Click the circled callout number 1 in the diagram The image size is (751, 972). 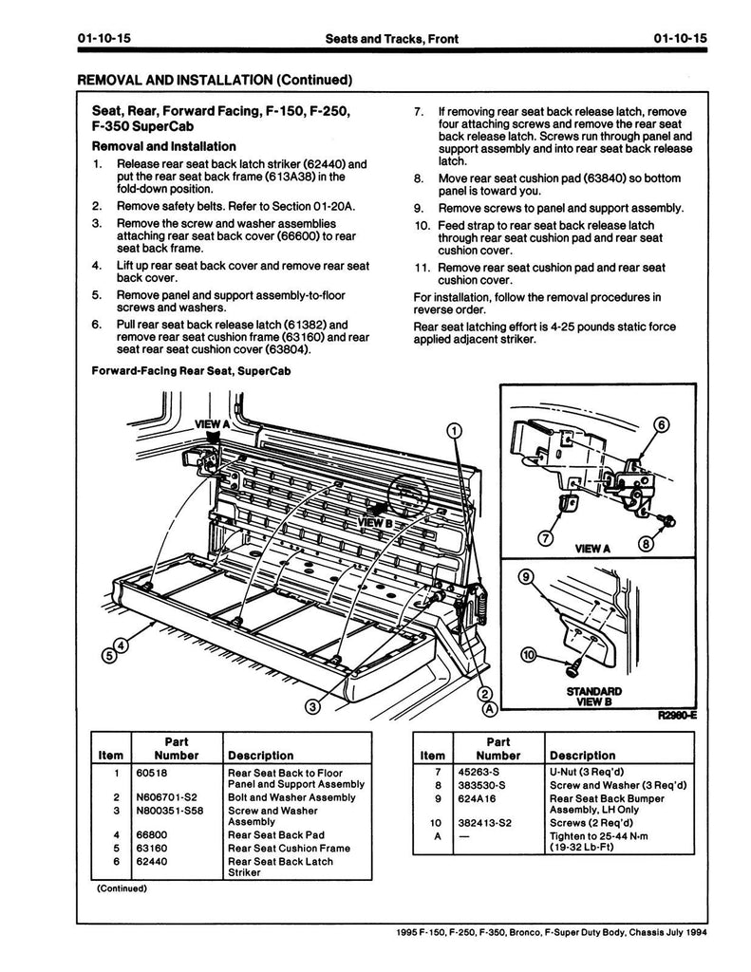pos(455,431)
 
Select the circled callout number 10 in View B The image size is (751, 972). pos(528,654)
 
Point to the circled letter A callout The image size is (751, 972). pos(490,708)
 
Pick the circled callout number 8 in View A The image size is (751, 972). pos(646,544)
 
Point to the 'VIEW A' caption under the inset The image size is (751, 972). pos(592,549)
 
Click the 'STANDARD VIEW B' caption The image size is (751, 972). pos(593,697)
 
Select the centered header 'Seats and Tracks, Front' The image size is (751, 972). pos(391,39)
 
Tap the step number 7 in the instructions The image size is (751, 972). pos(418,112)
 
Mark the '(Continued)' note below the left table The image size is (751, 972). pos(122,888)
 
